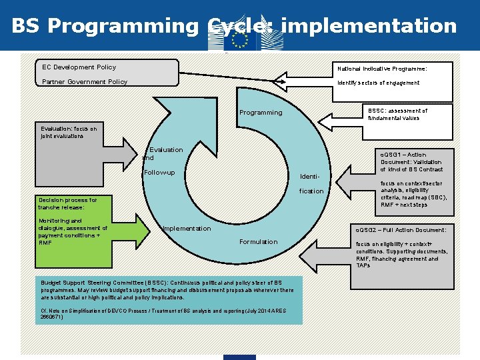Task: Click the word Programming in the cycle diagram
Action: tap(261, 113)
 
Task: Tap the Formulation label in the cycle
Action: tap(257, 242)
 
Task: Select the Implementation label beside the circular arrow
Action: tap(187, 229)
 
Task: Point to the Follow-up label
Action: tap(159, 173)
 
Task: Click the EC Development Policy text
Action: tap(79, 67)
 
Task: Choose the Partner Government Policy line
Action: tap(85, 82)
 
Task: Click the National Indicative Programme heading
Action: tap(382, 69)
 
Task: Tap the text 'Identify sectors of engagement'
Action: tap(379, 83)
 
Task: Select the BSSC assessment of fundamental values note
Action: tap(397, 115)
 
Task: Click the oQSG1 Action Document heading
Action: tap(411, 162)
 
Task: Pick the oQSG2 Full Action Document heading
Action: tap(405, 230)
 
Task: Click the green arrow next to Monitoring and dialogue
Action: tap(133, 231)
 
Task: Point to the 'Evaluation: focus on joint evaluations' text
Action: tap(69, 132)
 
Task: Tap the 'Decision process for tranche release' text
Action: tap(67, 203)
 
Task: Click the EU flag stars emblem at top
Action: tap(239, 40)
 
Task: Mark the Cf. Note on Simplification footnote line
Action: tap(165, 313)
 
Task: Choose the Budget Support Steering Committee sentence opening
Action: tap(100, 283)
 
